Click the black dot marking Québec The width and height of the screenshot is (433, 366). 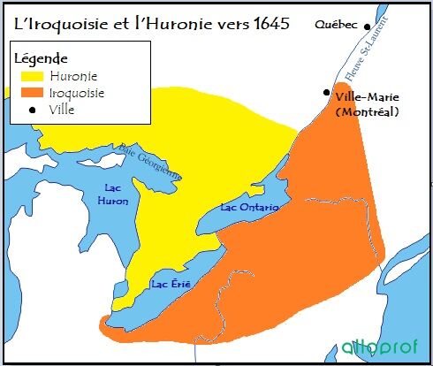tap(367, 27)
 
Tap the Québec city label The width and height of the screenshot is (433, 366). tap(337, 26)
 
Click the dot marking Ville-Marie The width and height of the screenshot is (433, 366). tap(327, 92)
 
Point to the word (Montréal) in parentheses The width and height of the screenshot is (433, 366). tap(368, 111)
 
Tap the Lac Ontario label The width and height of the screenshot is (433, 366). tap(249, 207)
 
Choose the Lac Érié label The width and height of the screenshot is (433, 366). tap(171, 284)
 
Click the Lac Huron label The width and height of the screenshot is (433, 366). tap(117, 194)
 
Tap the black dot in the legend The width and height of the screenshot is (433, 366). tap(33, 109)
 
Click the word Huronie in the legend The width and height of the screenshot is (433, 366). tap(74, 76)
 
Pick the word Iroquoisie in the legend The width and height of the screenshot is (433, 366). tap(80, 92)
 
